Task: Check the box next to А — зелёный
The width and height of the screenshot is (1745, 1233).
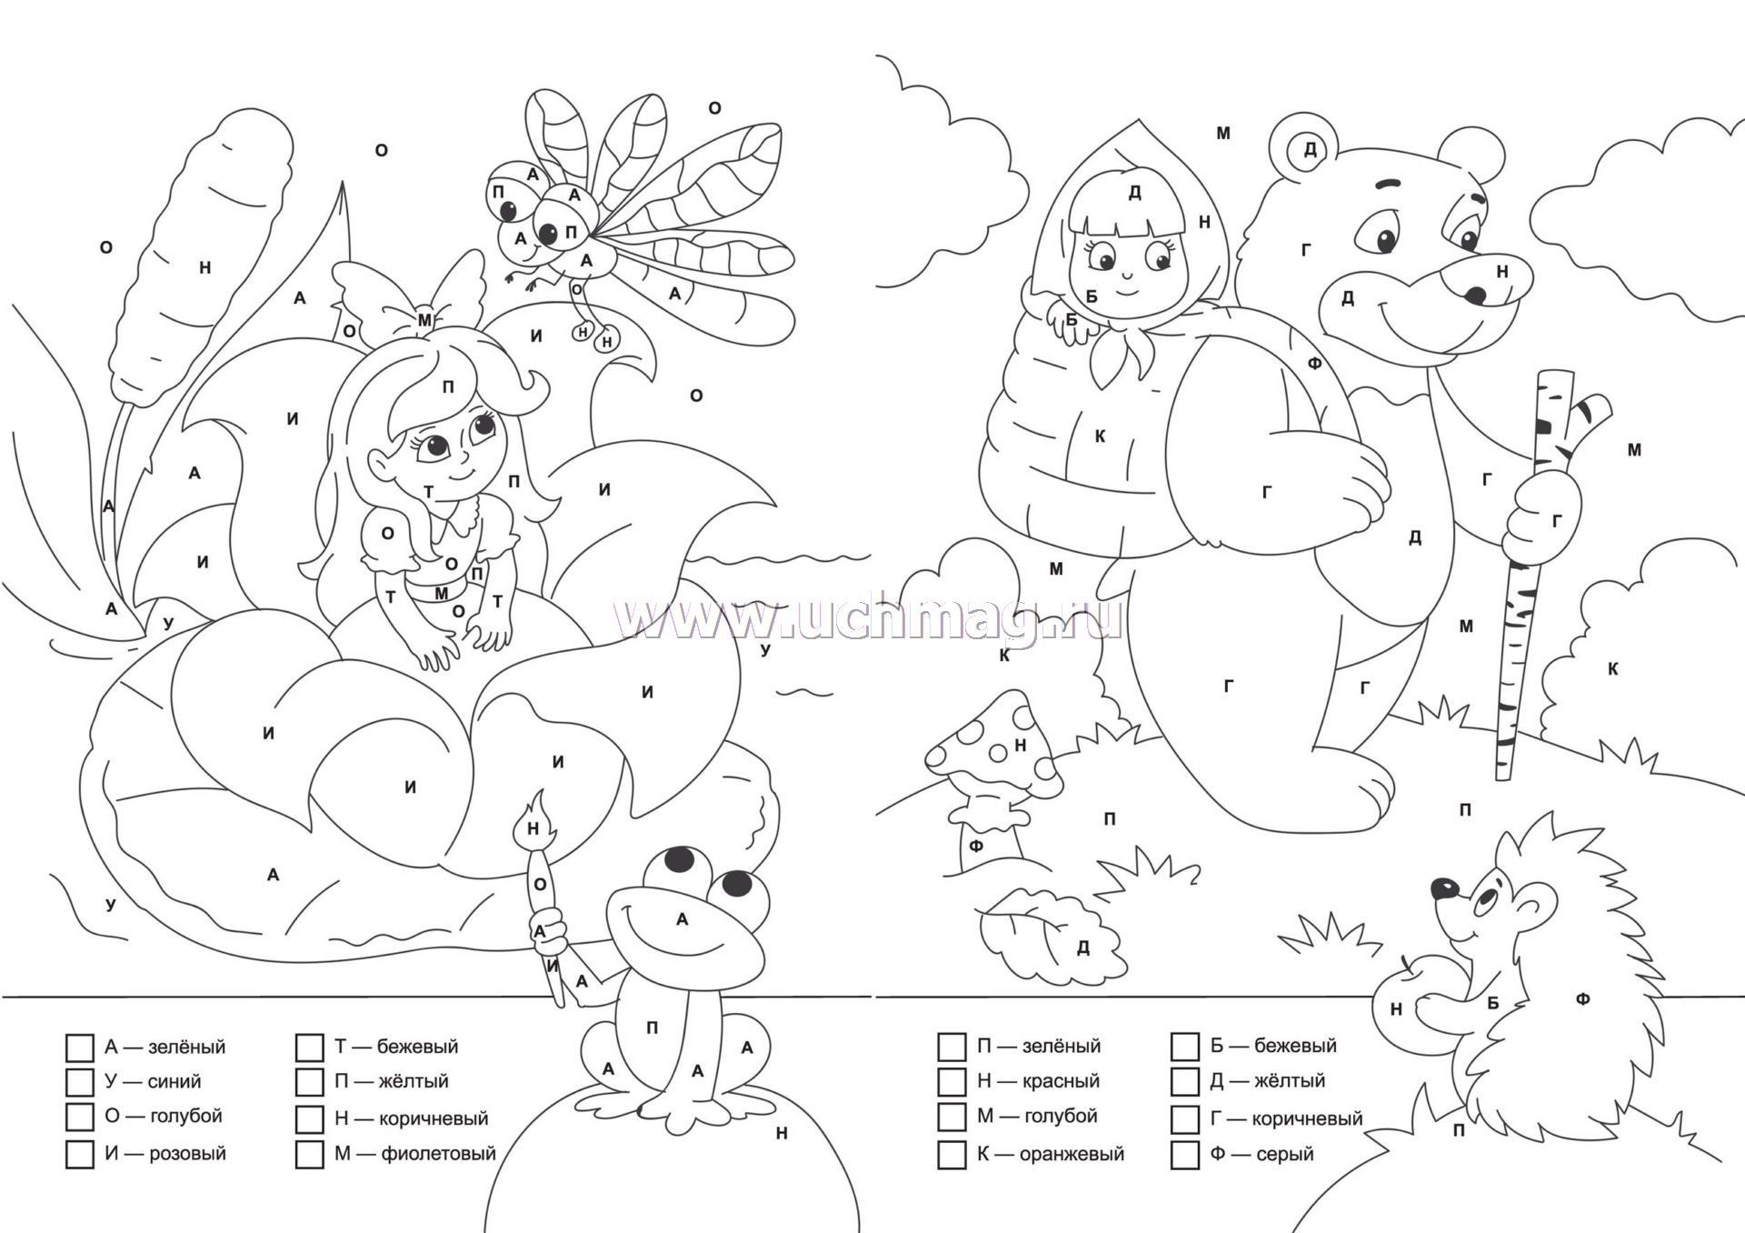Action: (80, 1047)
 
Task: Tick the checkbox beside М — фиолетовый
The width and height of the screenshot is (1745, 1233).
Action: (310, 1154)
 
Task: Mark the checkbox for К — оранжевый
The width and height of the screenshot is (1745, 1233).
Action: (952, 1154)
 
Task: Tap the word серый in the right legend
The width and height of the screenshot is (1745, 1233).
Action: (1285, 1155)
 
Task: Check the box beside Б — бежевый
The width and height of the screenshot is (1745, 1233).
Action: (1185, 1046)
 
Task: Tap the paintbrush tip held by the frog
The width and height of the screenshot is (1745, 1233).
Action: (533, 818)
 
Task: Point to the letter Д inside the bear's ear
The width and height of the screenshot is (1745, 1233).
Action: (1310, 149)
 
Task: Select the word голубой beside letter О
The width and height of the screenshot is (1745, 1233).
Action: (184, 1117)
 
